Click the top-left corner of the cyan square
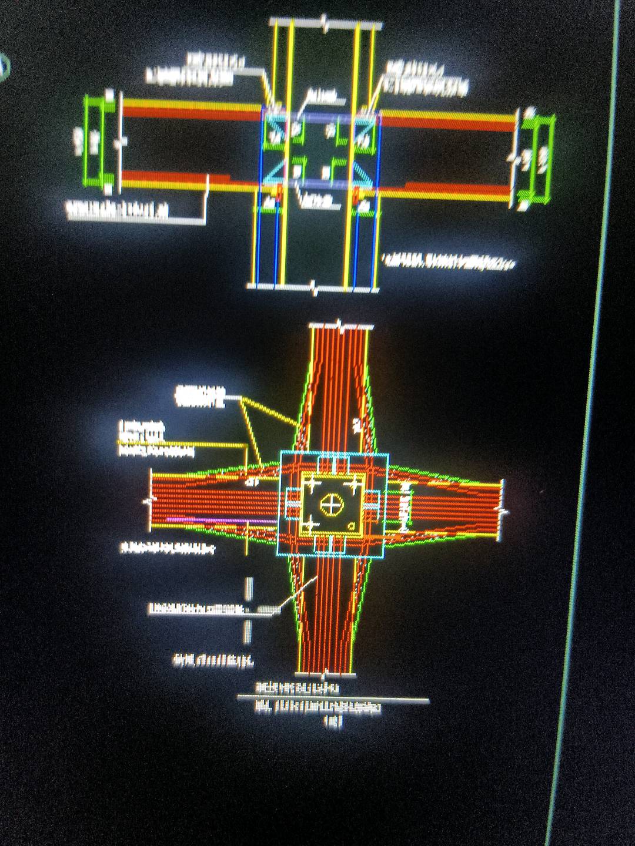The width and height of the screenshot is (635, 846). [x=281, y=452]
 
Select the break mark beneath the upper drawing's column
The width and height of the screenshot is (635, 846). [x=315, y=288]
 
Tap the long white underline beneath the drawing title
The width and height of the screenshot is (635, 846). [x=333, y=699]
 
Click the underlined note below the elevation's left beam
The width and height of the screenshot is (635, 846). [x=118, y=210]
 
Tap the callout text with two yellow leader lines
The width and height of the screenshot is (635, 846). [x=200, y=397]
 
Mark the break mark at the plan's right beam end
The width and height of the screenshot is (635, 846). [x=503, y=510]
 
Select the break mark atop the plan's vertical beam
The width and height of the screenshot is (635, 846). [x=340, y=324]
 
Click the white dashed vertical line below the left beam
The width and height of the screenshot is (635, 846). [x=248, y=611]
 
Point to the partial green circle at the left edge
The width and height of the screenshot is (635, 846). [x=5, y=66]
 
